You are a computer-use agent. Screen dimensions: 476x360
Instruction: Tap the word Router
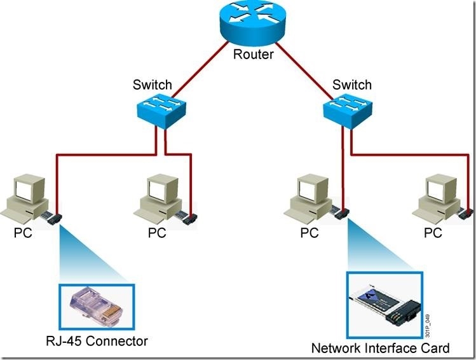253,54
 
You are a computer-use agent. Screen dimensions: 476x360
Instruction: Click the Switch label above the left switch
152,85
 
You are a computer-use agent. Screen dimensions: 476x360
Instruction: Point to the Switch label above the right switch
352,85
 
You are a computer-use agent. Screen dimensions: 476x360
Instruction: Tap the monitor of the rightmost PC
442,188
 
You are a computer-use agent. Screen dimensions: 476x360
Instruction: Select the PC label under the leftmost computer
23,233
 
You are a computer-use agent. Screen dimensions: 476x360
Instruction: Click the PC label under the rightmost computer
433,233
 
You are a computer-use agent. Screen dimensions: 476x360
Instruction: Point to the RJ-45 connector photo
97,306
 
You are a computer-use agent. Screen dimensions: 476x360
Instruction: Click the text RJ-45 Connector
97,341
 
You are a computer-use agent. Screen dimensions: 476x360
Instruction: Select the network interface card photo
384,305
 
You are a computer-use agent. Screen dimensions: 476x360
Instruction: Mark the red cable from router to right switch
304,71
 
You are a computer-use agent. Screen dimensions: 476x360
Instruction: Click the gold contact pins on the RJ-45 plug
112,314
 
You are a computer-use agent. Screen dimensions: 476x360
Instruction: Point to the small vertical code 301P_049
428,326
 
